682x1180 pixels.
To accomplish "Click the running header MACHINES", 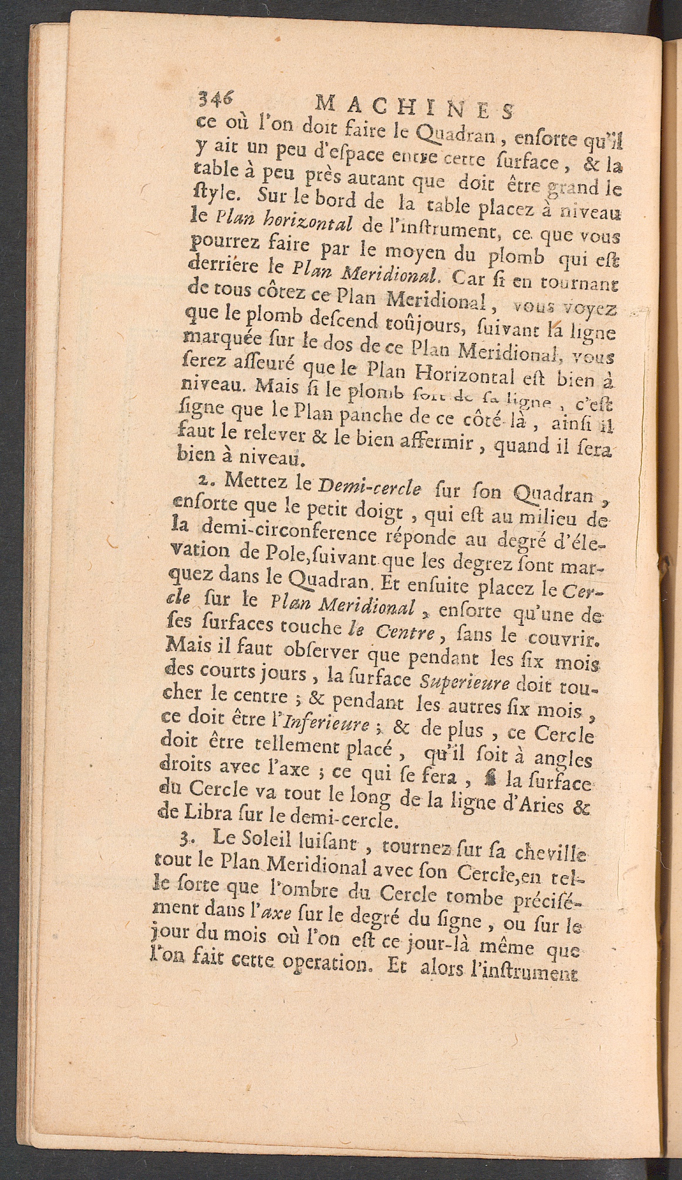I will (x=414, y=107).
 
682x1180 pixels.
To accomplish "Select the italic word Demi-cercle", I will (x=369, y=487).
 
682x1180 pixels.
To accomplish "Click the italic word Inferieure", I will (x=326, y=724).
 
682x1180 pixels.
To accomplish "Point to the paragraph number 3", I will (x=186, y=840).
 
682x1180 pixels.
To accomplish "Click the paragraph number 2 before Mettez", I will (x=203, y=480).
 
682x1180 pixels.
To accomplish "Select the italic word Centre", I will (x=404, y=632).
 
